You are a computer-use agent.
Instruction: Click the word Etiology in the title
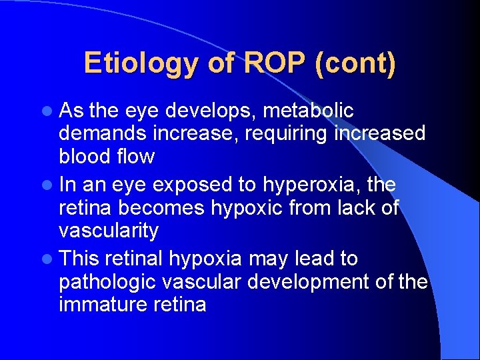pos(141,64)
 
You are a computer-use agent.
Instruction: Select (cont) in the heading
pos(357,64)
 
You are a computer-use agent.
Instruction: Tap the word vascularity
pos(109,231)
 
